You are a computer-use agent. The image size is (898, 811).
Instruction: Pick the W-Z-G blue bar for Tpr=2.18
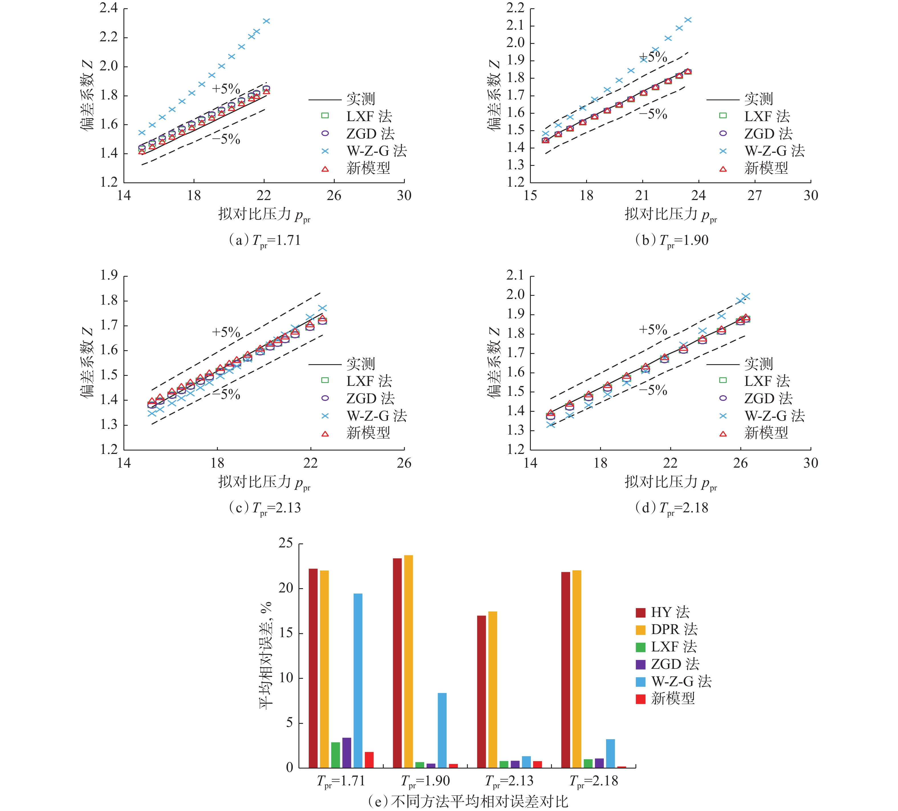pos(610,753)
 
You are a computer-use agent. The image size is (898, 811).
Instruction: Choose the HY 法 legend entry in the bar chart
pos(662,612)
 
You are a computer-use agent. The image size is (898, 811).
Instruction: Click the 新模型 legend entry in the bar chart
pos(665,698)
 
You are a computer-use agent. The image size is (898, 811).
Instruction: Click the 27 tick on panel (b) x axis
pos(755,195)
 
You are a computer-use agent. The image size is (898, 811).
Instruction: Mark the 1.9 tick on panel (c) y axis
pos(108,276)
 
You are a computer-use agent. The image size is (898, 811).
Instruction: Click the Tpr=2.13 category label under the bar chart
pos(509,781)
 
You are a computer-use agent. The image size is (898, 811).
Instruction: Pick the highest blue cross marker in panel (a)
pos(266,21)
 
